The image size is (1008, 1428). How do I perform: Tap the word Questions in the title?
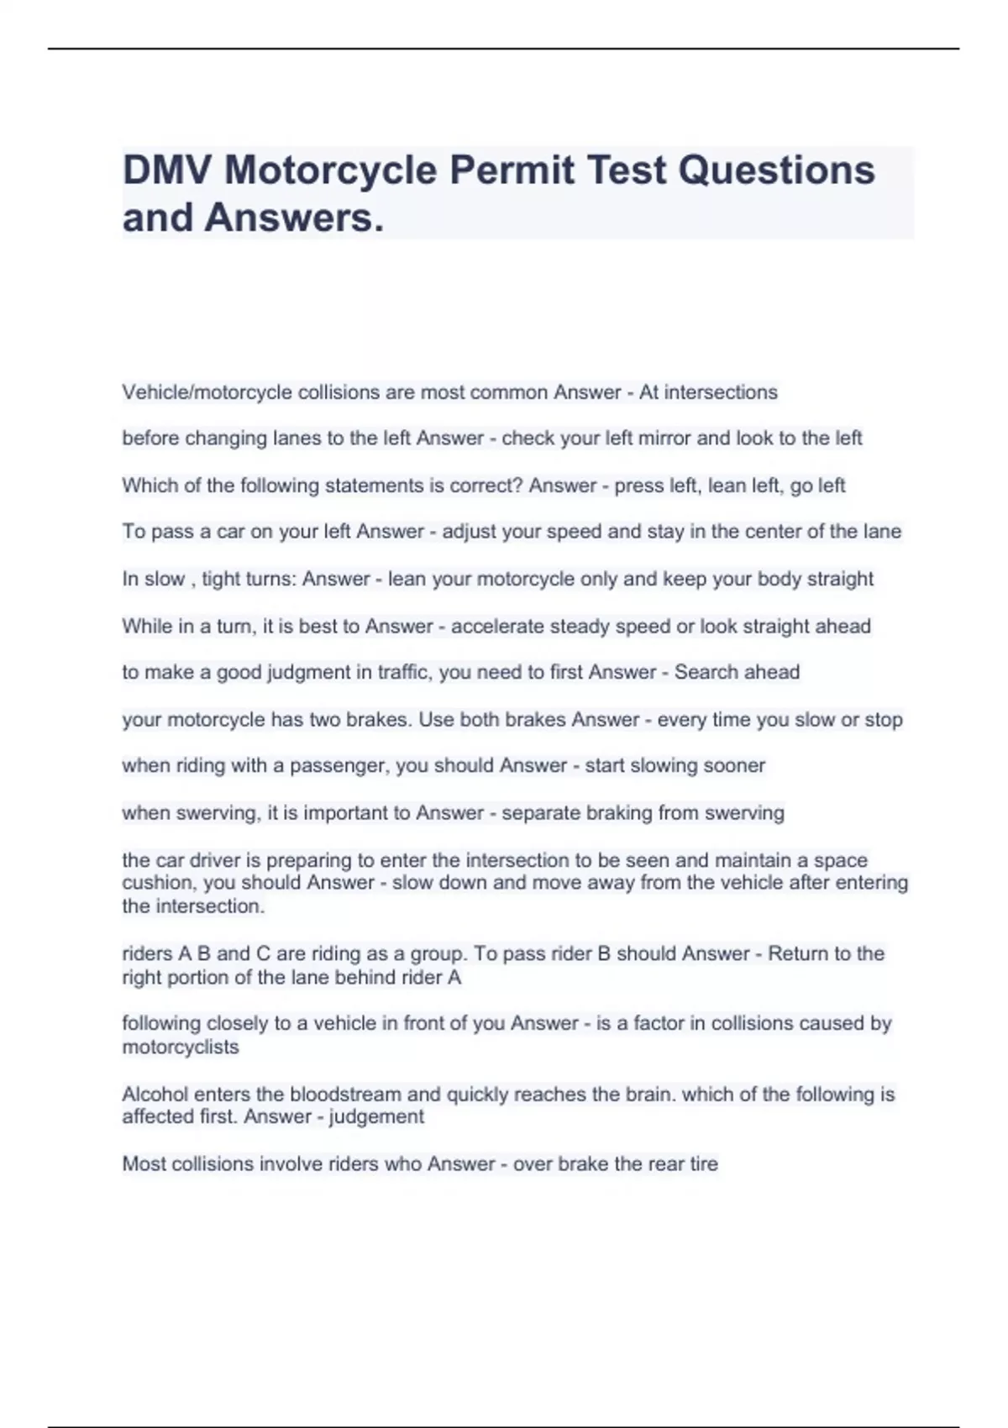tap(776, 171)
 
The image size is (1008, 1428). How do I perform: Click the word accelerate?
tap(501, 627)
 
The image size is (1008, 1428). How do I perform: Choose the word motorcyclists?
tap(181, 1047)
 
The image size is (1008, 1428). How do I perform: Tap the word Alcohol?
tap(155, 1095)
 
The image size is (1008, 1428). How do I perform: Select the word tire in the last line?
tap(705, 1164)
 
